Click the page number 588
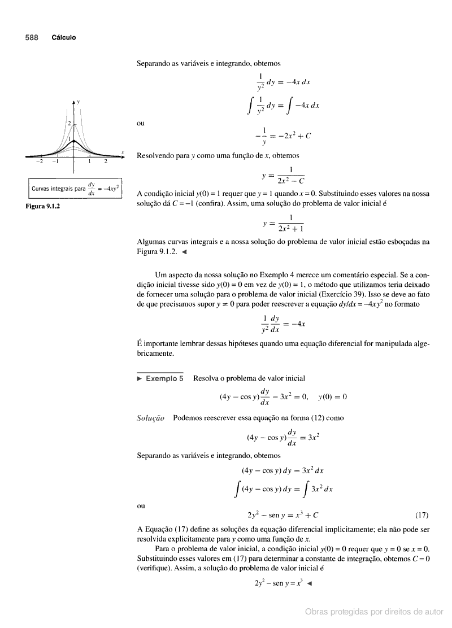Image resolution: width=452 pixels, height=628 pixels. click(x=31, y=38)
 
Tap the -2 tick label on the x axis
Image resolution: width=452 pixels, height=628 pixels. click(x=40, y=162)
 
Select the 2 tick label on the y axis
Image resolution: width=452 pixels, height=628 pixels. click(x=69, y=123)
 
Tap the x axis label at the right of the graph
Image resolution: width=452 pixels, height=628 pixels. click(x=123, y=152)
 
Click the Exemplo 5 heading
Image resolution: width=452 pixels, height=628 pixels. click(x=164, y=378)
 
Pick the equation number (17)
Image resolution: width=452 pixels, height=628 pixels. click(x=421, y=514)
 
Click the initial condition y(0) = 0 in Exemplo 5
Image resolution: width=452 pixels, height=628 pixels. click(x=332, y=396)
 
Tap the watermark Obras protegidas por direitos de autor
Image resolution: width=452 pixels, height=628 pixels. click(x=374, y=612)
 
